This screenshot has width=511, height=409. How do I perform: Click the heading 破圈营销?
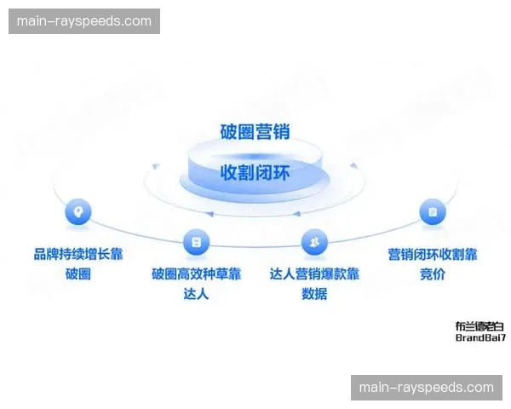255,131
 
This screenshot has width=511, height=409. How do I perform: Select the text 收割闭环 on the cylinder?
255,172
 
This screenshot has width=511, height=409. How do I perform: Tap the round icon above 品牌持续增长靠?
78,211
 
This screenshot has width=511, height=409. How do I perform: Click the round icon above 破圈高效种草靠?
196,242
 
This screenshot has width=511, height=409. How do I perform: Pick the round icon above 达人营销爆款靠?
314,242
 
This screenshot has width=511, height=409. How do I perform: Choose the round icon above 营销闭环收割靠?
432,211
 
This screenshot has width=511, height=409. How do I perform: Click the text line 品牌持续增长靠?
78,254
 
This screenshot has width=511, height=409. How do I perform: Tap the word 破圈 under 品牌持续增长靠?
78,274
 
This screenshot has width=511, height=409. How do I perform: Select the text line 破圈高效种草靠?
196,274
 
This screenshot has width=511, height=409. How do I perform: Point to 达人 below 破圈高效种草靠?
196,295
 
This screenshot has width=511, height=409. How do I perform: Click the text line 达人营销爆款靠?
314,274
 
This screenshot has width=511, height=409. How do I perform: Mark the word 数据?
314,295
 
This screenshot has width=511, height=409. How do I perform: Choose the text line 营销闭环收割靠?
432,254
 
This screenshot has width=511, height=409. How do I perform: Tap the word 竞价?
432,274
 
